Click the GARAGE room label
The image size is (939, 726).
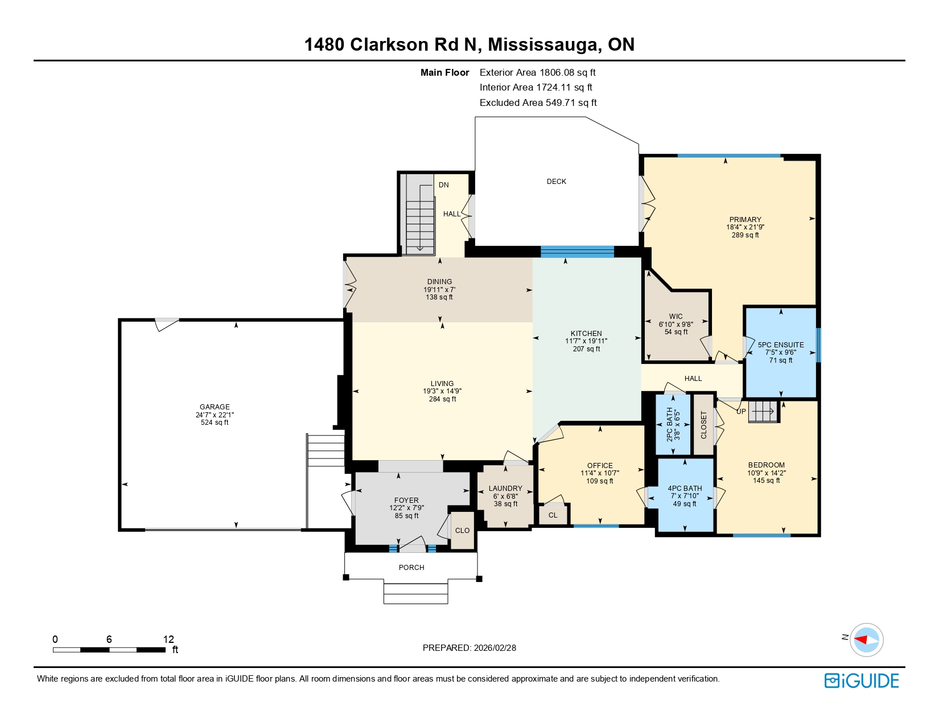(215, 407)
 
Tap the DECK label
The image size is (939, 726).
(556, 182)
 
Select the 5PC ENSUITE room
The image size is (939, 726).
(781, 352)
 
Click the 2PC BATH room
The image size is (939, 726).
(673, 424)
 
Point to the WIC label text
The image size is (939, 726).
(676, 317)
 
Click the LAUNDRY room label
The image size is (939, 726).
(505, 489)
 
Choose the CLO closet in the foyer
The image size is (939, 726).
(462, 531)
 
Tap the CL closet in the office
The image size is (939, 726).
(553, 515)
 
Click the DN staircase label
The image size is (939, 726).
(443, 185)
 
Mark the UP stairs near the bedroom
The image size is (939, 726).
(741, 412)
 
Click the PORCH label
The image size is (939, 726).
(411, 568)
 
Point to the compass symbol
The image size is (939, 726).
(867, 639)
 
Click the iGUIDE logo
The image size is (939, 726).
(862, 680)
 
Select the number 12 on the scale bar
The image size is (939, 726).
(168, 639)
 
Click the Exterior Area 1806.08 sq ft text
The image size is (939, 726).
(537, 72)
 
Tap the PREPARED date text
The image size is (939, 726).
(469, 648)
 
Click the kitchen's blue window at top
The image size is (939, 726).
(577, 252)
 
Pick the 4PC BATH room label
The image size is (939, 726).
(685, 489)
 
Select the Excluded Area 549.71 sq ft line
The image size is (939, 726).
(538, 102)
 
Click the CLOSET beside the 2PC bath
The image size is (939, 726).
(704, 425)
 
